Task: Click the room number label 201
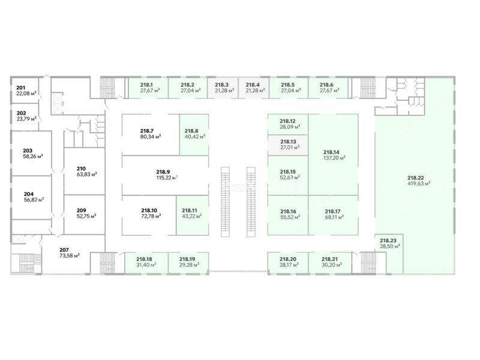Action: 21,87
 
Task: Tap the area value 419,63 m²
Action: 418,184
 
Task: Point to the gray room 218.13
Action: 287,144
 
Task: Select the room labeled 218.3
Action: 223,88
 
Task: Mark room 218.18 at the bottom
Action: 145,262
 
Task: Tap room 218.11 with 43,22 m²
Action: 191,213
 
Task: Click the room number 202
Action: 21,113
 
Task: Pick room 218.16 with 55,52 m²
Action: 289,214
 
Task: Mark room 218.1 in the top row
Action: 147,88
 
